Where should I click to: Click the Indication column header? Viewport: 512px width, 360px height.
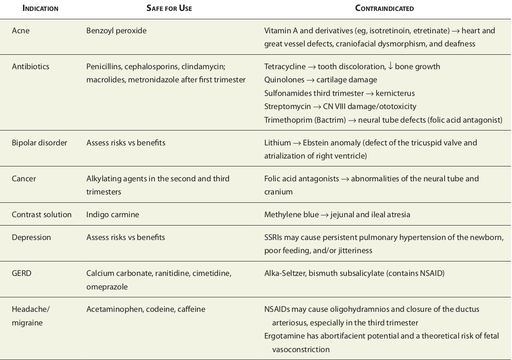click(40, 8)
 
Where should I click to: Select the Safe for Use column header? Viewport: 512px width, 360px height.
click(169, 8)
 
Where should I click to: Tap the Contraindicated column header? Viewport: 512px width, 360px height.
click(384, 8)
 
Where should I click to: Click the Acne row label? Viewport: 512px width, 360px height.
click(21, 31)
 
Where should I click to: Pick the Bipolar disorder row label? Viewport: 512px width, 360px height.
click(39, 143)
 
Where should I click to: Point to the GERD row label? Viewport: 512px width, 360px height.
click(21, 273)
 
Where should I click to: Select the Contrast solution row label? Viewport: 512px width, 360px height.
click(42, 215)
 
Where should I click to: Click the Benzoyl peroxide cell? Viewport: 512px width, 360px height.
click(116, 31)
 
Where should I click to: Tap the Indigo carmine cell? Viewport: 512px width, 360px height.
click(113, 215)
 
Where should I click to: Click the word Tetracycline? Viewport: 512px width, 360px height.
click(285, 67)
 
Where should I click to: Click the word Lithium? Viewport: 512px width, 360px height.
click(277, 143)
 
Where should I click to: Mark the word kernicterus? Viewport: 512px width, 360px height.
click(395, 93)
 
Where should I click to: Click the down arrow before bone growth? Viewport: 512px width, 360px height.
click(390, 67)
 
